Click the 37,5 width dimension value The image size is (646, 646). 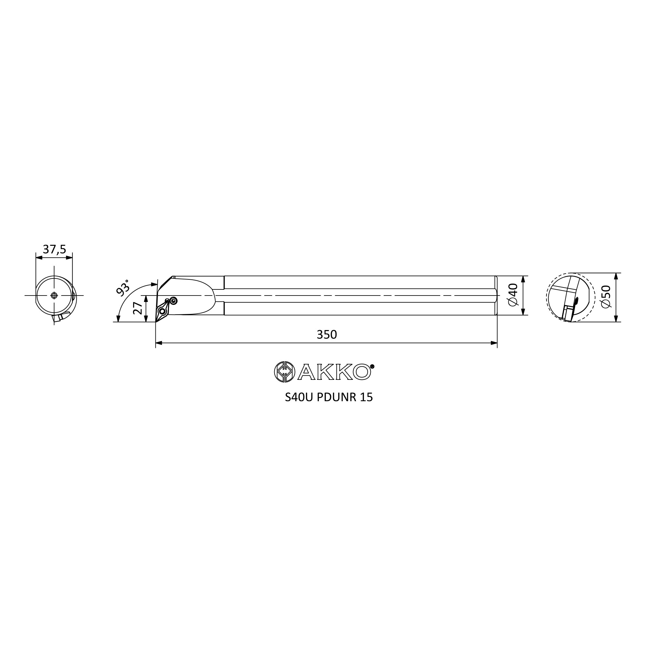pyautogui.click(x=55, y=249)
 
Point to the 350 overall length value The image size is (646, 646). pyautogui.click(x=327, y=334)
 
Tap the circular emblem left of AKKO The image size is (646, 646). pyautogui.click(x=284, y=372)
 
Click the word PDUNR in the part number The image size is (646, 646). pyautogui.click(x=336, y=397)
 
